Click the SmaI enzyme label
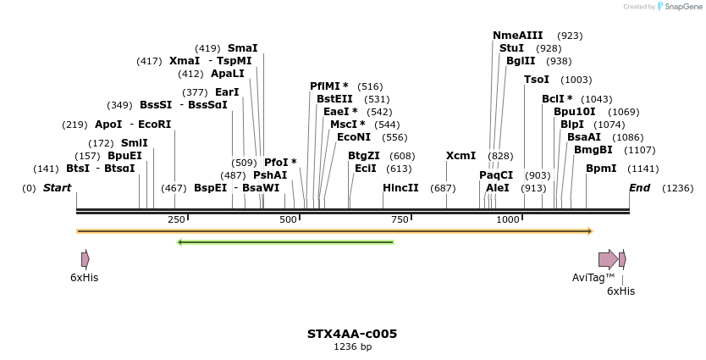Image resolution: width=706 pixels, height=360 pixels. coord(242,48)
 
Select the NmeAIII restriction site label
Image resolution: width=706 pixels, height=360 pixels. coord(517,36)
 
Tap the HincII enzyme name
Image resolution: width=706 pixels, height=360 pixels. coord(400,188)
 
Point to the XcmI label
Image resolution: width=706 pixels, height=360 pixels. coord(461,156)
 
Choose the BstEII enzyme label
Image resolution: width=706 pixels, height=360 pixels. coord(334,99)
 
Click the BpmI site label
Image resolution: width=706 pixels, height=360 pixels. coord(601,169)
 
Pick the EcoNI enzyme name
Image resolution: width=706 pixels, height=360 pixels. coord(354,137)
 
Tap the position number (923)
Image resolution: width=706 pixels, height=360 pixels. coord(570,36)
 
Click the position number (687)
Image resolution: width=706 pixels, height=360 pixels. coord(443,188)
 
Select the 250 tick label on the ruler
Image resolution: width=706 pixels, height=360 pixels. coord(176,219)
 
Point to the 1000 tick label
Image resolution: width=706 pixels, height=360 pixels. coord(508,219)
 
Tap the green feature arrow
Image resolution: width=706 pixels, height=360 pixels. coord(285,242)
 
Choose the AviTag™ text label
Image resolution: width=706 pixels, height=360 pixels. coord(593,277)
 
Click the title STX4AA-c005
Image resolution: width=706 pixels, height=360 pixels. coord(352,334)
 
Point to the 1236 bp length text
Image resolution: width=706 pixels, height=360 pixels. coord(352,346)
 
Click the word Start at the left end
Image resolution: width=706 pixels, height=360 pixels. coord(57,188)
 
